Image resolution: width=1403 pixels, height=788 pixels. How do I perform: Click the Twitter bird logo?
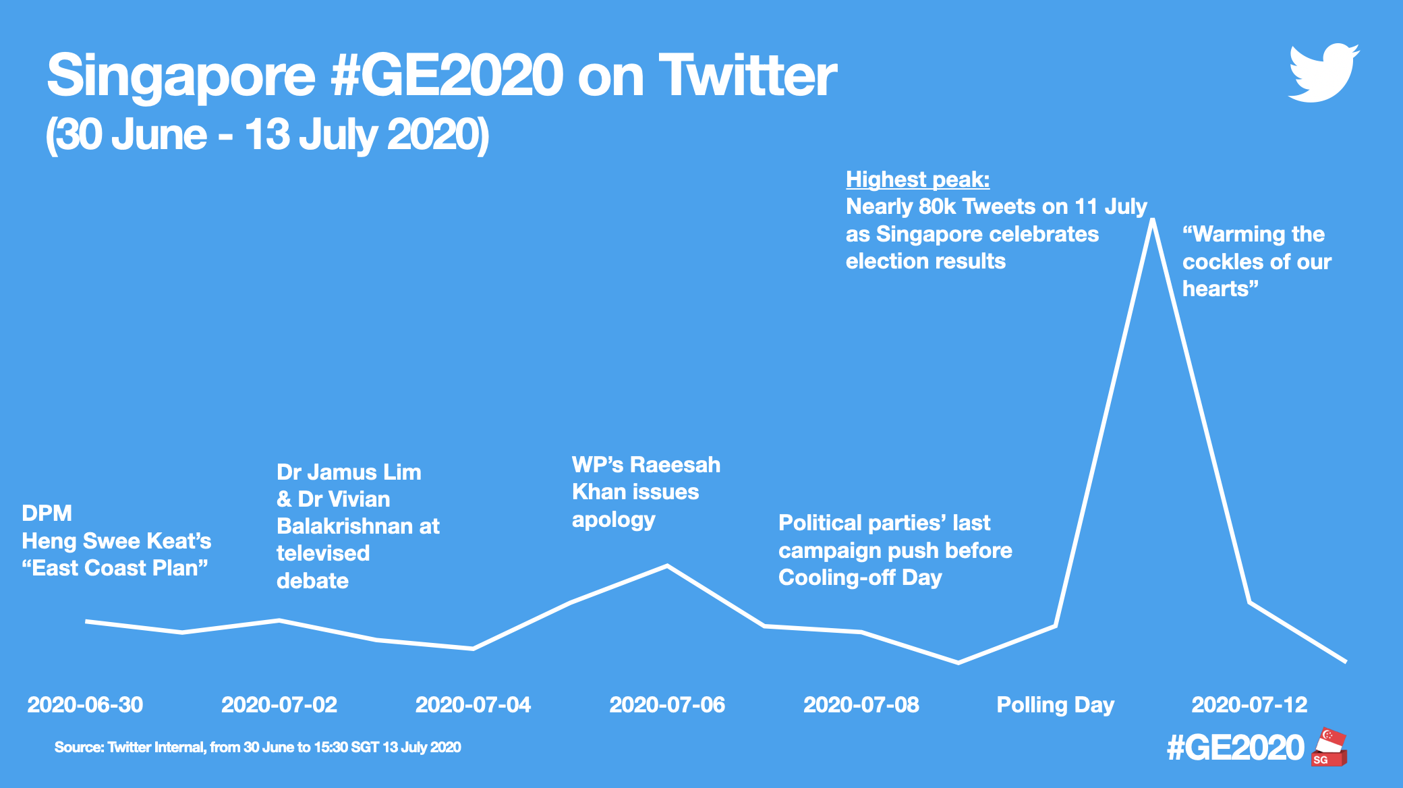point(1323,74)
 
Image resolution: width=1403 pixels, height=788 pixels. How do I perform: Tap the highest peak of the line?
point(1152,220)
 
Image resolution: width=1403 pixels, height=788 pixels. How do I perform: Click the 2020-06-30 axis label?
point(85,705)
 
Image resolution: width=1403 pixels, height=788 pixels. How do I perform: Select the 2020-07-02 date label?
point(279,705)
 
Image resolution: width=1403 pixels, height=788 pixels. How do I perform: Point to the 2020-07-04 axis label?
point(473,705)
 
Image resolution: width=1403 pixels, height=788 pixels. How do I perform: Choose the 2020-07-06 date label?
point(667,705)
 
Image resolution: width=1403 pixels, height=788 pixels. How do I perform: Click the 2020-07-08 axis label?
point(861,705)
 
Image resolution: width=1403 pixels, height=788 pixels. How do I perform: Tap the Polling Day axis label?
point(1055,705)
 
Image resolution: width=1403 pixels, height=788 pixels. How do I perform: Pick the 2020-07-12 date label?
point(1249,705)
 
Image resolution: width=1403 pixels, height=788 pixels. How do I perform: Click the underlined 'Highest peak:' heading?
point(917,179)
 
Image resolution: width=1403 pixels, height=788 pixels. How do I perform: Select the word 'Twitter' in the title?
point(747,76)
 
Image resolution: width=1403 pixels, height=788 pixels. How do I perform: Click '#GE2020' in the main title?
point(447,76)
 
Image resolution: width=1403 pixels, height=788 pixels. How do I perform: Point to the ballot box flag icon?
point(1329,748)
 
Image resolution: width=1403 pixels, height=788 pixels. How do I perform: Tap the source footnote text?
point(258,748)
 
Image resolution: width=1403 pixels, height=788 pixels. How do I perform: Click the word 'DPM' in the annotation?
point(47,513)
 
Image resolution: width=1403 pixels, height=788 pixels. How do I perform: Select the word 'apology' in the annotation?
point(613,520)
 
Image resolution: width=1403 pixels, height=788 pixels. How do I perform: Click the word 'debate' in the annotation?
point(312,581)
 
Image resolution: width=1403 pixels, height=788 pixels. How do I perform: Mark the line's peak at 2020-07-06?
point(667,565)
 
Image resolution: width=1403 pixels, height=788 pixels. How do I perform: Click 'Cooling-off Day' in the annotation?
point(860,578)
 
